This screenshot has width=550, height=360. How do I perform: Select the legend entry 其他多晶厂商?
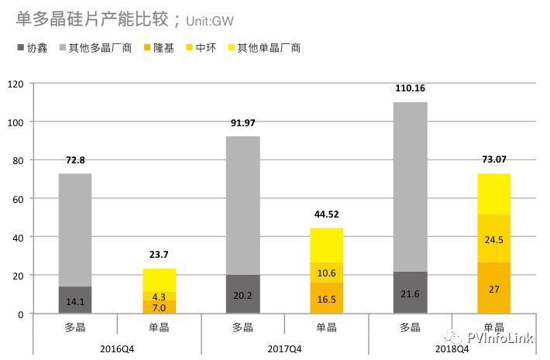click(x=100, y=48)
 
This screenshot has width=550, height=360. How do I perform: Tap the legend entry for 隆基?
click(x=163, y=48)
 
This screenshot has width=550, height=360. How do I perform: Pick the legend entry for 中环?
click(x=205, y=48)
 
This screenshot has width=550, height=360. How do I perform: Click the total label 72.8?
click(x=75, y=161)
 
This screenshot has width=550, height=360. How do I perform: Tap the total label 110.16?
click(x=410, y=88)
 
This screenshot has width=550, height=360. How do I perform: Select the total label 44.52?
click(x=327, y=214)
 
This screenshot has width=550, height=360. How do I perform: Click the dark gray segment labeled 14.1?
click(x=75, y=300)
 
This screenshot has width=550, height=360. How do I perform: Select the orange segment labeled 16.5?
click(x=326, y=298)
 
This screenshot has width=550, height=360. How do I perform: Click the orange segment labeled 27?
click(x=493, y=288)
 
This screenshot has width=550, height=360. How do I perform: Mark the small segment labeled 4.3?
click(x=159, y=297)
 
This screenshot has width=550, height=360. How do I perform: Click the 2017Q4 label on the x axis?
click(x=285, y=348)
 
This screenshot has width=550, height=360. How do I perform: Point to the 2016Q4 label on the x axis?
click(x=117, y=348)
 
